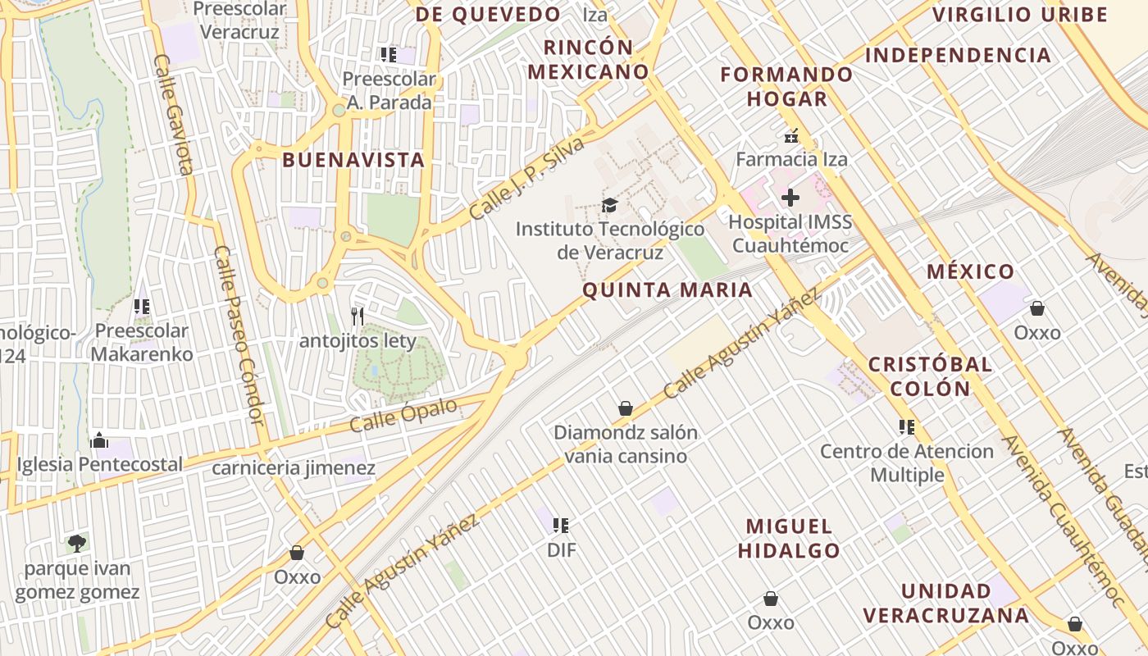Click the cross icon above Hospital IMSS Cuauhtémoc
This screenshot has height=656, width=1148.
click(x=790, y=198)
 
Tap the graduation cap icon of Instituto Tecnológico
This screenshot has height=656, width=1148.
click(x=609, y=205)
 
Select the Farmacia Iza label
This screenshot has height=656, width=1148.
click(x=791, y=159)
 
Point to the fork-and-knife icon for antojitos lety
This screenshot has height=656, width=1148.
click(x=358, y=317)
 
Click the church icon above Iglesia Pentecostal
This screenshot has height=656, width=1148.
click(x=99, y=440)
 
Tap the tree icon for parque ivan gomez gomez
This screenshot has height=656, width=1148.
click(x=77, y=543)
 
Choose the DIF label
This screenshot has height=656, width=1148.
click(x=562, y=550)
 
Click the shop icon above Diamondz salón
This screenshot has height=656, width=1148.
click(x=626, y=408)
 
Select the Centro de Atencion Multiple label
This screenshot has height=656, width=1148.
click(x=907, y=463)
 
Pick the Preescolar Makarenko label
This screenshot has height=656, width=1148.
click(x=142, y=343)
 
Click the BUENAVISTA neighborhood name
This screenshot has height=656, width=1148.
click(x=353, y=160)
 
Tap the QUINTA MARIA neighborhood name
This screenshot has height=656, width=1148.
click(x=667, y=289)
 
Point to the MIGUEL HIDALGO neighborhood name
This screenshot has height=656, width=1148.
click(x=789, y=538)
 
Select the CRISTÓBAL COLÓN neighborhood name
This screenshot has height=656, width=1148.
click(x=930, y=376)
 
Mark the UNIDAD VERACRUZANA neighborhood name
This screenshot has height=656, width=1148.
click(x=945, y=604)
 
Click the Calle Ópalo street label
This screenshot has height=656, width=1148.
click(x=403, y=417)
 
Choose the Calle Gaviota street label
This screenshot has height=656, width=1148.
click(x=173, y=115)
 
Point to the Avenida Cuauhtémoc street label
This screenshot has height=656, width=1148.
click(x=1062, y=518)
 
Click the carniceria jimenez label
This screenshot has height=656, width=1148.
click(x=294, y=468)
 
